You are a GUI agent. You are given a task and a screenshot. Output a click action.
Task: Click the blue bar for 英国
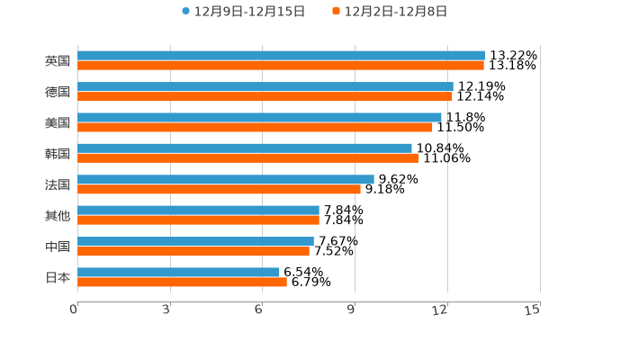281,56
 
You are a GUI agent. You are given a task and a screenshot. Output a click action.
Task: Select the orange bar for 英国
280,66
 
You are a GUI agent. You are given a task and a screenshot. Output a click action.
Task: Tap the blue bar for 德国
265,86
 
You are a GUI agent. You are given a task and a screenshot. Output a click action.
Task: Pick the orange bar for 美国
255,127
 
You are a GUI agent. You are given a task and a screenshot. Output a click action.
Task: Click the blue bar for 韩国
244,148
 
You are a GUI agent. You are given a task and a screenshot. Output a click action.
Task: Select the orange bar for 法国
219,189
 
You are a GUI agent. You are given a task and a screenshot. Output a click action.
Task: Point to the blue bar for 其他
198,210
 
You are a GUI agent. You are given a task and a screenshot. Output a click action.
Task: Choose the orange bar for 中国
193,251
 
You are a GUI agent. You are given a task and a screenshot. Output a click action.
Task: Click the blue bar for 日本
178,272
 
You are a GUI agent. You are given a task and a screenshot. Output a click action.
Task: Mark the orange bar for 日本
182,282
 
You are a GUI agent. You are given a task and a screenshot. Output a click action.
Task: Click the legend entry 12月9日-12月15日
244,12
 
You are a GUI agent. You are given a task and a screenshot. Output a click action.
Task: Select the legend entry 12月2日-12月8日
390,12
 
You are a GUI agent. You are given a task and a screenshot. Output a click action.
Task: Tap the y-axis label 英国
58,61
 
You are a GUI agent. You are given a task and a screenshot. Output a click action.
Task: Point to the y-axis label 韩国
58,154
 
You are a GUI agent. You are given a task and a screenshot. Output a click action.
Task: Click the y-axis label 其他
58,215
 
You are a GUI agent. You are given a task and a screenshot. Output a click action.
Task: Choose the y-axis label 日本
58,277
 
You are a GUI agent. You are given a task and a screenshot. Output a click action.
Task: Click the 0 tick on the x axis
75,310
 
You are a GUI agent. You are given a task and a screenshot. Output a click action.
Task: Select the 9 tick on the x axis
352,310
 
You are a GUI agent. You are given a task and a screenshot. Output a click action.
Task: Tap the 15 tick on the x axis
533,310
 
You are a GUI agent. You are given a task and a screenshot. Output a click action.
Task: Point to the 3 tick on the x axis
167,310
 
